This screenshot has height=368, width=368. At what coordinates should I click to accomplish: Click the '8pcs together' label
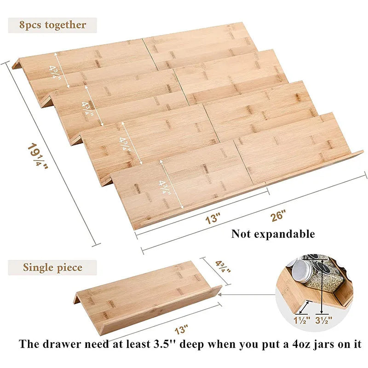point(52,25)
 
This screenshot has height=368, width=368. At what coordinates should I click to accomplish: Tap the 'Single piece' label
point(52,267)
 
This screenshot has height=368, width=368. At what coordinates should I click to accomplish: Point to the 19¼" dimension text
point(38,155)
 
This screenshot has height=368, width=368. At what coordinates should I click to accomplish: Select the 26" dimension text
point(278,215)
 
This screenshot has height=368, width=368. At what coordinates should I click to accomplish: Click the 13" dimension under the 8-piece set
point(213,219)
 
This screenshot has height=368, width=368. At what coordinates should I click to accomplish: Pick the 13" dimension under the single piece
point(181,330)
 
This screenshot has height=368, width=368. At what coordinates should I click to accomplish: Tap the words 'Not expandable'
point(273,234)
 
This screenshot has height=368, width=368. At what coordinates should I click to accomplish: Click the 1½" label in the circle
point(302,320)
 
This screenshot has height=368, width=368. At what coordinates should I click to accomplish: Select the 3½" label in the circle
point(324,320)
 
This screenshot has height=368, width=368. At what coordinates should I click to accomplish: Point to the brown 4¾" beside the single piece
point(223,267)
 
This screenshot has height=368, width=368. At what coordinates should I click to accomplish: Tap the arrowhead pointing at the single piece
point(220,294)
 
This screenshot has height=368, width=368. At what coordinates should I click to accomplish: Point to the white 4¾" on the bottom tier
point(165,187)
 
